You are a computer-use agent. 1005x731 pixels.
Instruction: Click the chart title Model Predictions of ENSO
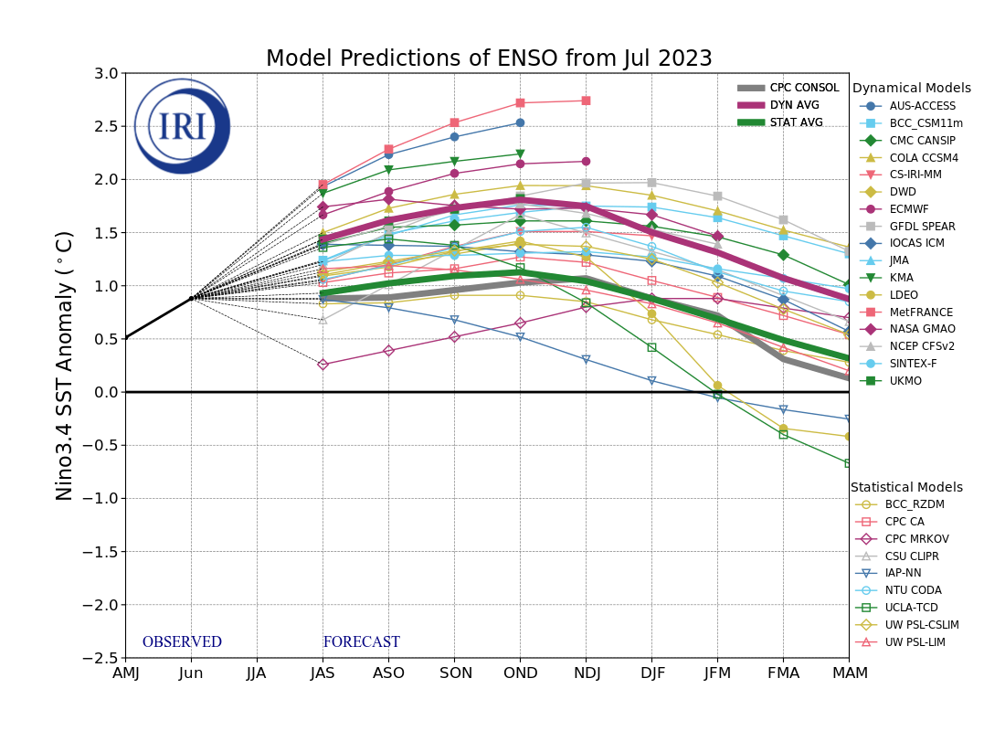(489, 59)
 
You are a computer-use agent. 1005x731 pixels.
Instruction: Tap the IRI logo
(182, 126)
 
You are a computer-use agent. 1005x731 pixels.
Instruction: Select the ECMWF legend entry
(908, 209)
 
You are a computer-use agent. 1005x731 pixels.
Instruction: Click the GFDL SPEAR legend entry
(922, 227)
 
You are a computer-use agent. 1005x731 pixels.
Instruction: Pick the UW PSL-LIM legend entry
(915, 642)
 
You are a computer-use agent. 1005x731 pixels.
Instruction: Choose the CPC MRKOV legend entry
(917, 539)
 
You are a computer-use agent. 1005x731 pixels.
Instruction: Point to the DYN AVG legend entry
(796, 105)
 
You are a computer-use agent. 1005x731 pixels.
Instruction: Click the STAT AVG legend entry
(796, 122)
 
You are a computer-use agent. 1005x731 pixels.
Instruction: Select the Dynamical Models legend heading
(911, 89)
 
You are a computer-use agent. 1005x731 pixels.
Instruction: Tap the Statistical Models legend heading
(906, 488)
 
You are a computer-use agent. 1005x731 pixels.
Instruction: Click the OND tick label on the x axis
(520, 673)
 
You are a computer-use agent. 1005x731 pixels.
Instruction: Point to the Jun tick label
(191, 673)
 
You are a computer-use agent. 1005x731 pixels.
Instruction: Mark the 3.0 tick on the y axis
(106, 73)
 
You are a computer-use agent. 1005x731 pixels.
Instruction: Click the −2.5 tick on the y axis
(100, 658)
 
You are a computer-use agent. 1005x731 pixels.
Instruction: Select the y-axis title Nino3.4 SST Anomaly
(65, 365)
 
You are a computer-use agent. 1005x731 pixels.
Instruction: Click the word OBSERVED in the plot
(182, 642)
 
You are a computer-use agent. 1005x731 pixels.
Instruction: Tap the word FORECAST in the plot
(361, 642)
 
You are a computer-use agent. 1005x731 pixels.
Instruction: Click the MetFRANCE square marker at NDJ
(586, 101)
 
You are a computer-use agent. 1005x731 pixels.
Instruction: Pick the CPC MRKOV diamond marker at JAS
(323, 365)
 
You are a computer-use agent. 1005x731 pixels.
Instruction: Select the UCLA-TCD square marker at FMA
(783, 434)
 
